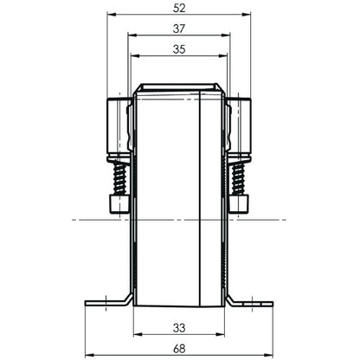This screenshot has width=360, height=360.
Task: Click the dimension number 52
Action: (179, 8)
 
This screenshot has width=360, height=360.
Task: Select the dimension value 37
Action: (179, 29)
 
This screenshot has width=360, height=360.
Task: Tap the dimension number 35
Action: (179, 49)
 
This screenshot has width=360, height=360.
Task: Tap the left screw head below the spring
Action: (119, 204)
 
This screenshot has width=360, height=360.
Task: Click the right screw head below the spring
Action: (240, 204)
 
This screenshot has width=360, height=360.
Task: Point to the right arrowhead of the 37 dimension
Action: (228, 35)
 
